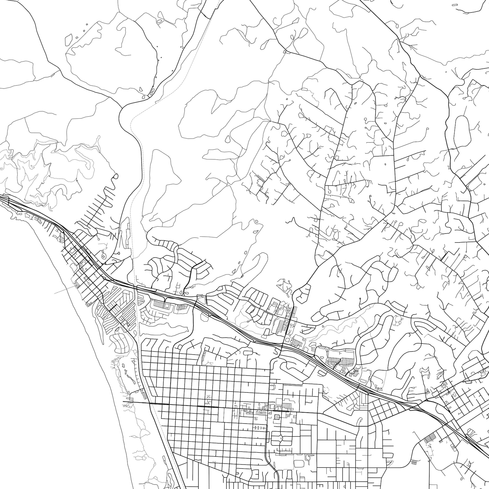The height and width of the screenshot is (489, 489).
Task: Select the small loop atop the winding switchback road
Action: pos(116,176)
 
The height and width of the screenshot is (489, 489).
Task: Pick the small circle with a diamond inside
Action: pos(103,256)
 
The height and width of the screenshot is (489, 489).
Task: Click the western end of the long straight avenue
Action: pos(123,402)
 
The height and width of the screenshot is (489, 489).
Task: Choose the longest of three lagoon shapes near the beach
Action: pos(126,376)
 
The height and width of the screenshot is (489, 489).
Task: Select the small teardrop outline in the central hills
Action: pos(227,139)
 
